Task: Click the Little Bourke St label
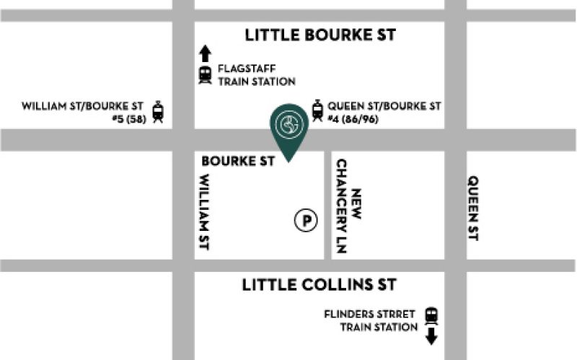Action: coord(320,35)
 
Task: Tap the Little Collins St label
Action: coord(319,284)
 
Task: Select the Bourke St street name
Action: coord(238,161)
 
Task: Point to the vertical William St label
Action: coord(204,213)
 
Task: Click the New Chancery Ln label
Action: coord(348,206)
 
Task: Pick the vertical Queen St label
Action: coord(473,208)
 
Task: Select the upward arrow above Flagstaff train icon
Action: coord(205,53)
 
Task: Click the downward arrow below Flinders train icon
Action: coord(431,336)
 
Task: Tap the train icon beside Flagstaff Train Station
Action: coord(205,74)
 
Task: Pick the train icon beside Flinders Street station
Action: coord(431,315)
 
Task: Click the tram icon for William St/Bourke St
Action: coord(158,112)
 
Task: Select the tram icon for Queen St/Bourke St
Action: coord(317,110)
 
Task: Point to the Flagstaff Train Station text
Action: coord(256,75)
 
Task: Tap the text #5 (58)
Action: coord(129,119)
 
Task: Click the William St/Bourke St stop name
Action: coord(84,105)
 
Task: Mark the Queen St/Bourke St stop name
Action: coord(384,105)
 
